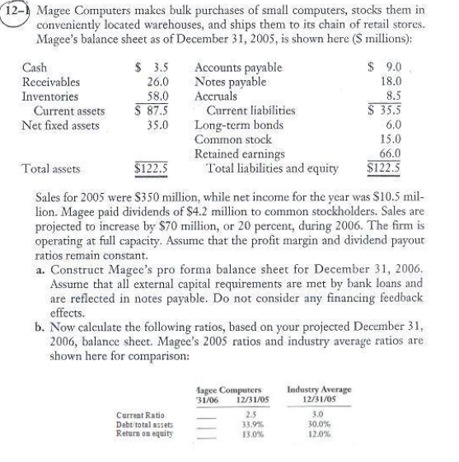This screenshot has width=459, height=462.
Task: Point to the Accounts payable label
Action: click(x=237, y=68)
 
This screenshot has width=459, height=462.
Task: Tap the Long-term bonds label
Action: click(x=238, y=125)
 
